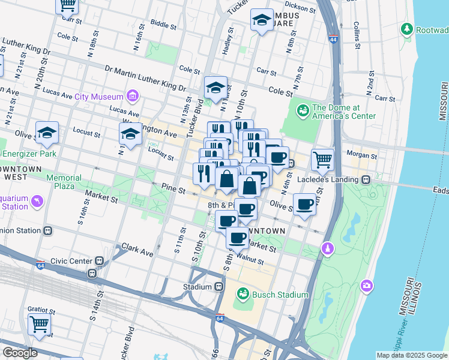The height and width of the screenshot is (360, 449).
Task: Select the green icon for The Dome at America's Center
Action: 303,111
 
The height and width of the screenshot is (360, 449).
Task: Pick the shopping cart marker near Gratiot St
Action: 40,325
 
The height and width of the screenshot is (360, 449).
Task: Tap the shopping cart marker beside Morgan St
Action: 322,160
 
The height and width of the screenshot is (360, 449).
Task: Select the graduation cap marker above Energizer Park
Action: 47,134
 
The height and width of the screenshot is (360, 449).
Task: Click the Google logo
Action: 20,352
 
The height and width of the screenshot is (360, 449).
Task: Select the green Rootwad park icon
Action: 407,29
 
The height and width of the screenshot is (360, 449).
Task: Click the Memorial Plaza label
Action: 64,182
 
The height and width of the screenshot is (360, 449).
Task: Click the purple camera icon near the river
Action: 366,286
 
